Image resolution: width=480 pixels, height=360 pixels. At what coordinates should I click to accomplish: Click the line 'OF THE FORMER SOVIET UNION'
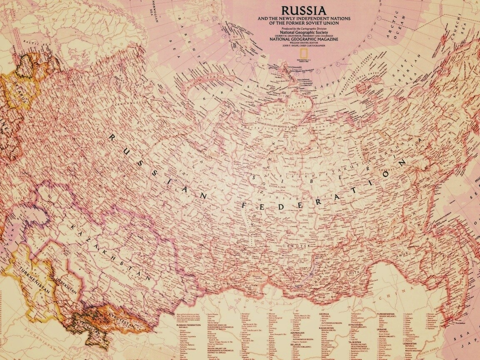pyautogui.click(x=303, y=23)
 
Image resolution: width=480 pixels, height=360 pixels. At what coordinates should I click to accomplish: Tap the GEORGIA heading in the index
pyautogui.click(x=324, y=313)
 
